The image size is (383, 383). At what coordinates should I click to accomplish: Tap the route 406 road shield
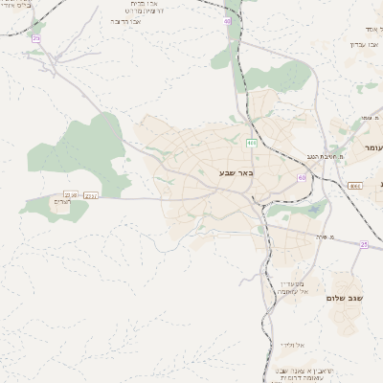pos(251,143)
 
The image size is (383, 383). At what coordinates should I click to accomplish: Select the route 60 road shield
pos(303,177)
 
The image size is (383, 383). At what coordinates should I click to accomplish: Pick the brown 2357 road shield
pos(91,195)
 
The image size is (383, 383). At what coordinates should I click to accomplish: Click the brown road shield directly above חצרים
pos(70,195)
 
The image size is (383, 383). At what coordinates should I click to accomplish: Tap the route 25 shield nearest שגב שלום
pos(364,244)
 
